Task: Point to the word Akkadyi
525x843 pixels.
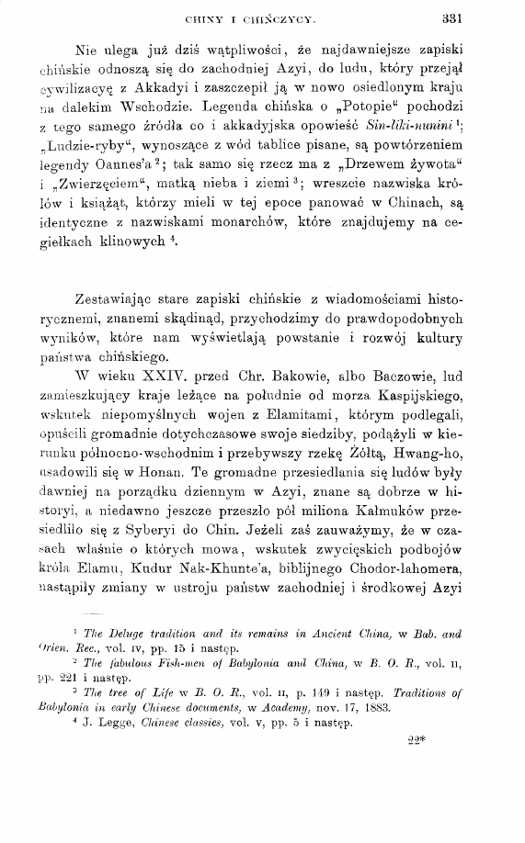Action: point(181,89)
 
